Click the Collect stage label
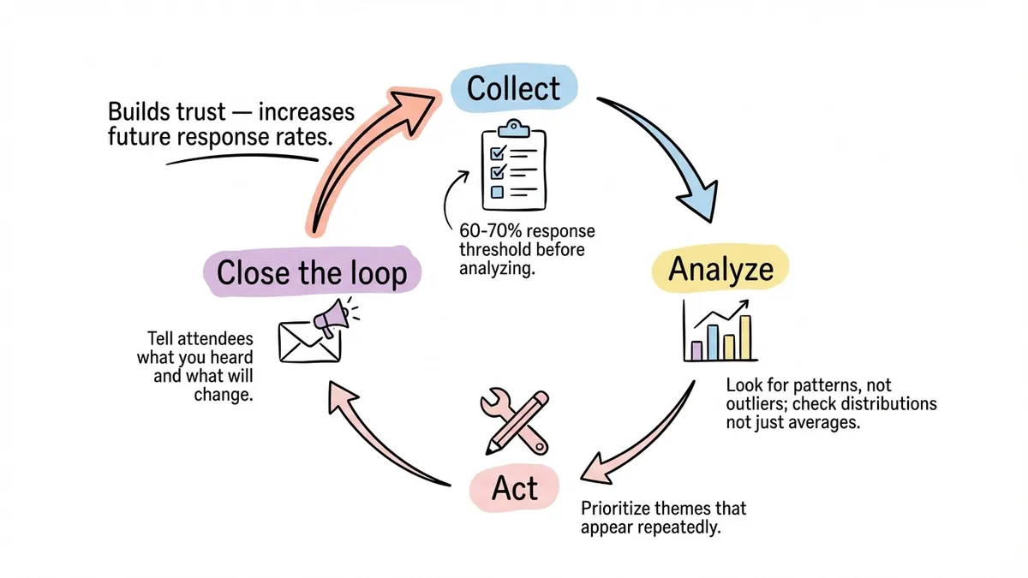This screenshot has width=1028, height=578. (x=514, y=89)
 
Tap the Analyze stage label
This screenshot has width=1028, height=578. (x=720, y=269)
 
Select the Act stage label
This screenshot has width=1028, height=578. (x=516, y=489)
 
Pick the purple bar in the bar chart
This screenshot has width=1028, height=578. (x=696, y=350)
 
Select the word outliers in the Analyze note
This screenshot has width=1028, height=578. (x=754, y=404)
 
